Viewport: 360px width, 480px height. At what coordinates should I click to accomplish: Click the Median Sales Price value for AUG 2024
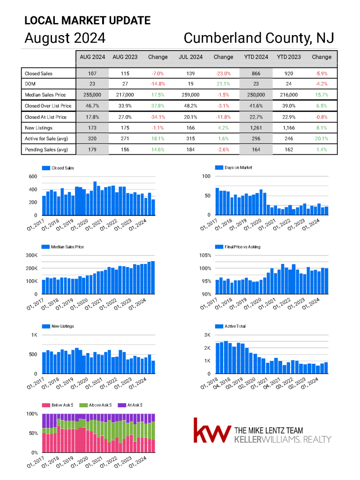[92, 95]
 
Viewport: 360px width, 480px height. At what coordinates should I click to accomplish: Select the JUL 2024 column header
[191, 57]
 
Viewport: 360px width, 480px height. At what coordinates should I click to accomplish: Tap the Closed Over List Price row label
[48, 106]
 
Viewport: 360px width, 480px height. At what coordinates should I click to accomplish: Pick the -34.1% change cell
[158, 117]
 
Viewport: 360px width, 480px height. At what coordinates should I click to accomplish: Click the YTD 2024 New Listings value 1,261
[256, 128]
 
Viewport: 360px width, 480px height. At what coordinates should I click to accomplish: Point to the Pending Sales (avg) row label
[46, 150]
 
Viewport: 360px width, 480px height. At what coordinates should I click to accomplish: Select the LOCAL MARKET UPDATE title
[88, 21]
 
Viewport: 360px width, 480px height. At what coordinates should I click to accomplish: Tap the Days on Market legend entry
[234, 167]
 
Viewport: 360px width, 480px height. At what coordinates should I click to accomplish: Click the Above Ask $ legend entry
[96, 405]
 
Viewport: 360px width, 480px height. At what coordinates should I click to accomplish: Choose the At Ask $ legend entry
[130, 405]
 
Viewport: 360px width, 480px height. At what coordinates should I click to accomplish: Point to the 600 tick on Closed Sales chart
[33, 176]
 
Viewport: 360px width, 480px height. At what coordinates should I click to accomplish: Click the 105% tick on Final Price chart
[205, 255]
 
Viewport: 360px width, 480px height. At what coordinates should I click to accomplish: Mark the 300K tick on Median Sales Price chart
[31, 255]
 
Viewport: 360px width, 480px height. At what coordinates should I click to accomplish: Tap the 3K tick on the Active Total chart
[207, 335]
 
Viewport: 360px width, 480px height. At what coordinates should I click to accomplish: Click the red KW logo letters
[212, 430]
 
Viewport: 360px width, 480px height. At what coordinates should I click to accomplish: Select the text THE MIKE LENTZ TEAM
[269, 430]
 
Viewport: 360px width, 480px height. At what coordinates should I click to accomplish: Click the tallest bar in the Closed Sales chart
[95, 198]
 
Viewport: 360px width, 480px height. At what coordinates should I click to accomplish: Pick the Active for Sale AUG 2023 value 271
[125, 139]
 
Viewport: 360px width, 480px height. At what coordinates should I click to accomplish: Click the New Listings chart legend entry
[58, 326]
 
